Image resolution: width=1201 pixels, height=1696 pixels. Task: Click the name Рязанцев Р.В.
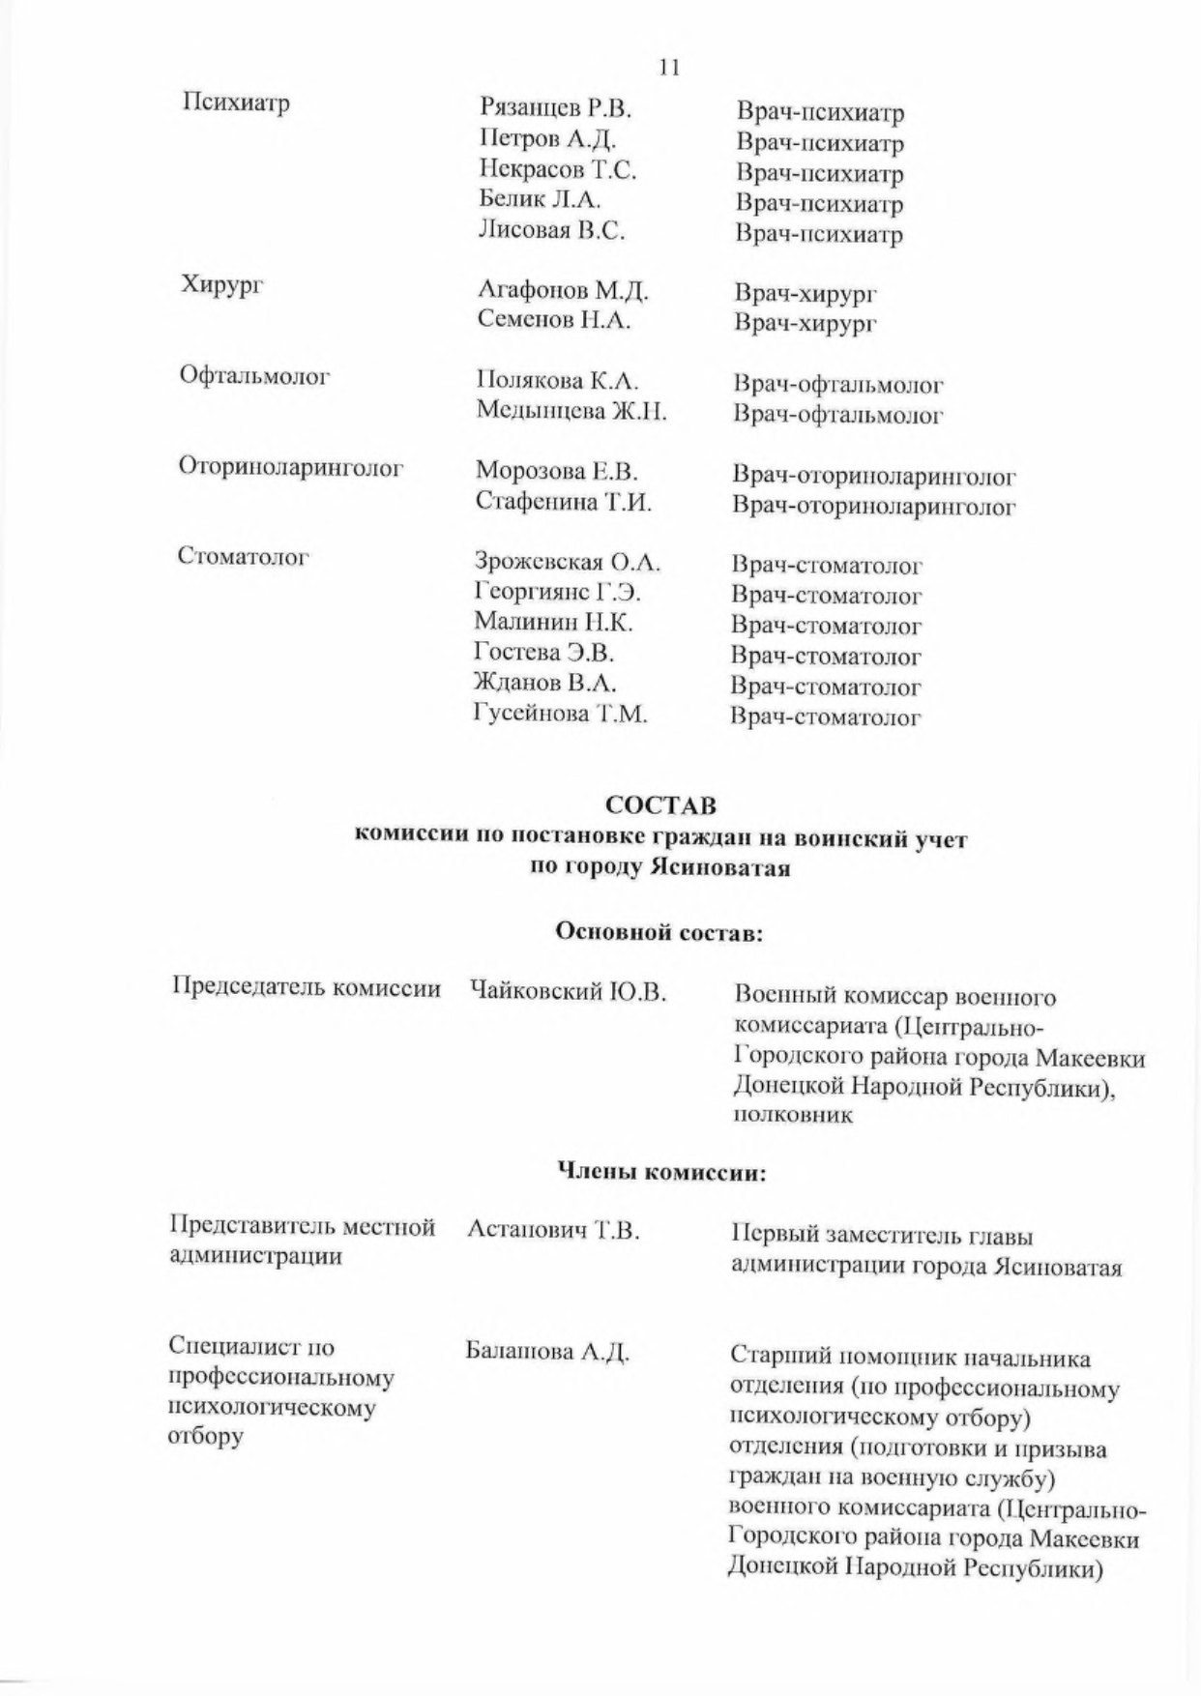tap(555, 108)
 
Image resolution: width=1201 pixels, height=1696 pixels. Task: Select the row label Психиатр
tap(237, 103)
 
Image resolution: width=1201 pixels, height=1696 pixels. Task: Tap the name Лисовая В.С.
tap(552, 230)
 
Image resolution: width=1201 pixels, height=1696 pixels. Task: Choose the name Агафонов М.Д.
tap(563, 290)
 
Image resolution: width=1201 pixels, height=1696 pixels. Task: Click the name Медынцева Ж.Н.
tap(571, 411)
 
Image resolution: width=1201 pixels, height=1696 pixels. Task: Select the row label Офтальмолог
tap(255, 376)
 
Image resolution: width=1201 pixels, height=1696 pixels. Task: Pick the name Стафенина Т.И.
tap(564, 502)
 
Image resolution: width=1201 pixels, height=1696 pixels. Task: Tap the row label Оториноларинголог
tap(290, 468)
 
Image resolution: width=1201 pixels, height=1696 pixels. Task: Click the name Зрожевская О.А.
tap(568, 562)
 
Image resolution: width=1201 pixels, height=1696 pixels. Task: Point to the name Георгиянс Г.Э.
tap(557, 592)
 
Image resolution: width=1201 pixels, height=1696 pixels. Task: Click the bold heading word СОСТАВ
tap(660, 804)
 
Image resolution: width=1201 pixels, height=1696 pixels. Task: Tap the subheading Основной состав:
tap(660, 932)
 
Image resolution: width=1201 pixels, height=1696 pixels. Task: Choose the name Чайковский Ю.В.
tap(568, 991)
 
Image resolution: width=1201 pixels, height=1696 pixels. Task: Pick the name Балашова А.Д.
tap(547, 1352)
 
